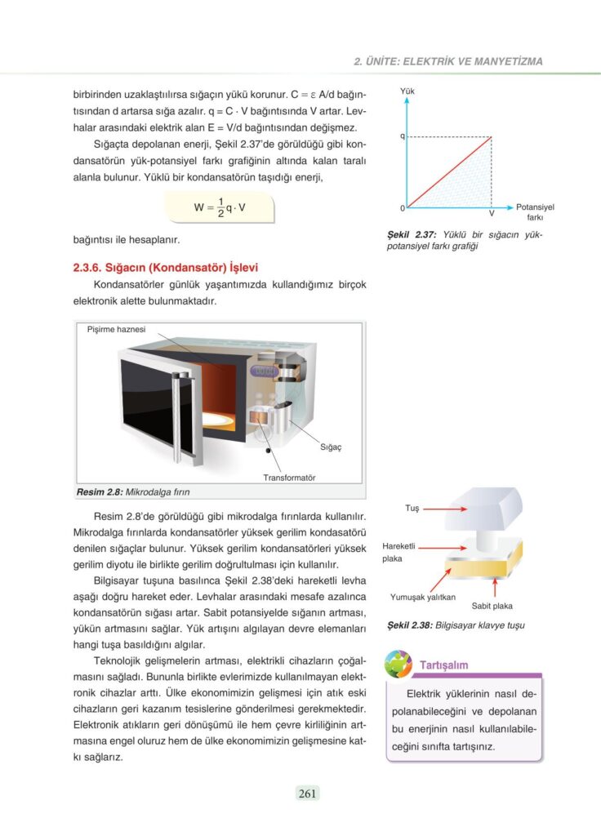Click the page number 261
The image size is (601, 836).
[x=307, y=793]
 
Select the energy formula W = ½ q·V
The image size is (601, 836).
[x=220, y=207]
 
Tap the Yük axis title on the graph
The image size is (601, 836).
[x=407, y=91]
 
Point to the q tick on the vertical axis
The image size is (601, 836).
[x=403, y=136]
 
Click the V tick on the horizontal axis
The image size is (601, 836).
[x=492, y=213]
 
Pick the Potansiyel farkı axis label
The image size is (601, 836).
[x=535, y=212]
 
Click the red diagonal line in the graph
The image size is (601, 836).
[x=449, y=172]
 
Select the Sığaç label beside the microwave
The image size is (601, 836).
[x=331, y=447]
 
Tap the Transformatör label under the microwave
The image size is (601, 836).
[x=289, y=477]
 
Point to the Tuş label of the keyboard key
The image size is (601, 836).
[x=412, y=508]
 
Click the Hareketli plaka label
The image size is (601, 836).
[x=399, y=552]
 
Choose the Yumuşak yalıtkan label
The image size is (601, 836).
[x=422, y=598]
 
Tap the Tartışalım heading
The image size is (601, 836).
[x=443, y=665]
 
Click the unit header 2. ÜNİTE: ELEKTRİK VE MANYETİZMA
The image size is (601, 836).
[x=447, y=61]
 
